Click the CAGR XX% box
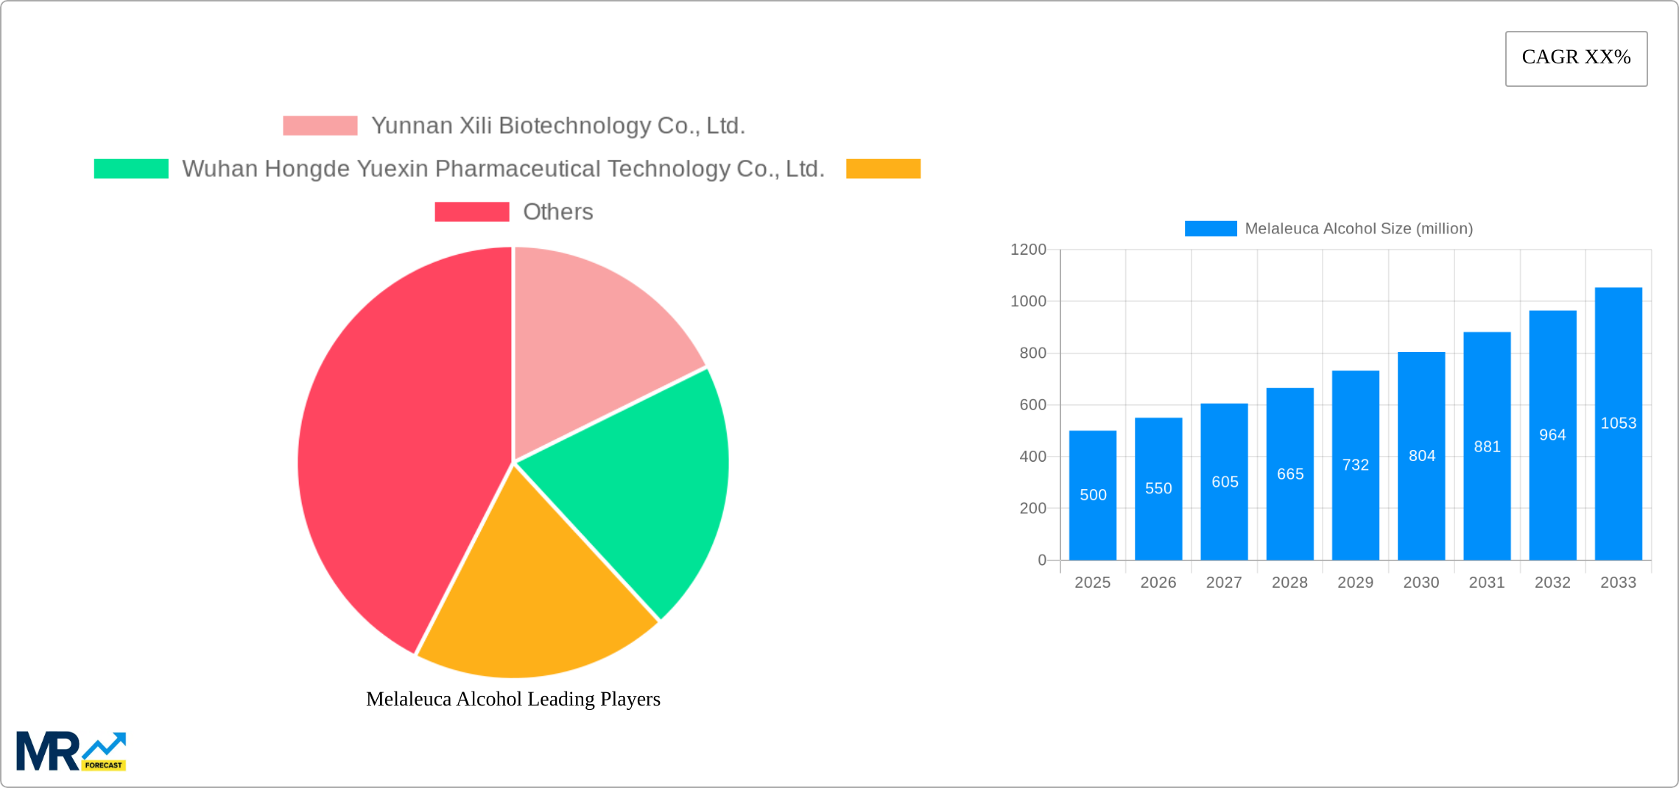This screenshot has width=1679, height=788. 1576,58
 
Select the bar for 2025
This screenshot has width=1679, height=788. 1092,495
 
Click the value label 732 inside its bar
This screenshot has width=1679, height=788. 1355,465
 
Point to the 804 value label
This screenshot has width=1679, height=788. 1421,456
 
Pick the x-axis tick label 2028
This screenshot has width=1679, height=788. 1289,583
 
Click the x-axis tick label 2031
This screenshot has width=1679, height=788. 1486,583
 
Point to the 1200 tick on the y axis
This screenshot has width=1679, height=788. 1028,250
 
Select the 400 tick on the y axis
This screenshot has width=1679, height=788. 1032,457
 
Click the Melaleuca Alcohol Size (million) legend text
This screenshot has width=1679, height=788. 1358,229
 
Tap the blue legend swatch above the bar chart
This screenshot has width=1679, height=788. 1210,229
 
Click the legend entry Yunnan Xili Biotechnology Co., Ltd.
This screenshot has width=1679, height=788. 557,126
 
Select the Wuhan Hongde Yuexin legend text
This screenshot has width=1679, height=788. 503,169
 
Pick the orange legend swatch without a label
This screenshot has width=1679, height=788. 883,169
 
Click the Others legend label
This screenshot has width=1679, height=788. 557,212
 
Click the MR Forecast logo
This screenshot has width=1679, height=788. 71,751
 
